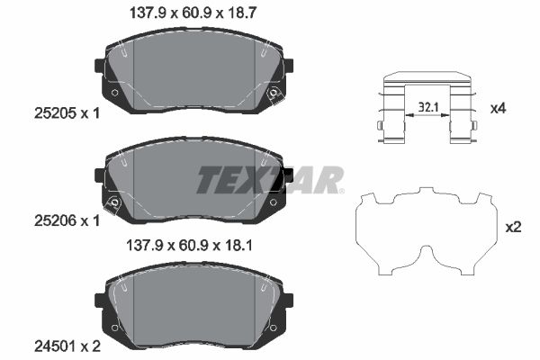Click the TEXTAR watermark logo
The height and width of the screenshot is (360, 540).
pyautogui.click(x=269, y=179)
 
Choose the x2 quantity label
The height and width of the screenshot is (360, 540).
pyautogui.click(x=514, y=227)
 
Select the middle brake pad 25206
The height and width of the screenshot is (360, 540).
pyautogui.click(x=193, y=184)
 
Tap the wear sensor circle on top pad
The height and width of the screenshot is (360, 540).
pyautogui.click(x=273, y=94)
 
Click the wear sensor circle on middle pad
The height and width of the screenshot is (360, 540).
pyautogui.click(x=114, y=202)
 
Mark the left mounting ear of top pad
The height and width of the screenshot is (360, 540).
pyautogui.click(x=100, y=67)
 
